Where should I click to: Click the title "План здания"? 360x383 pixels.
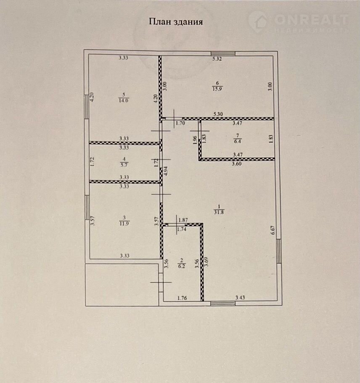(x=176, y=22)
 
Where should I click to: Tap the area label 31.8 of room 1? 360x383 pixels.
(x=219, y=212)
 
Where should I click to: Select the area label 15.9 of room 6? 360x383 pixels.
(x=217, y=89)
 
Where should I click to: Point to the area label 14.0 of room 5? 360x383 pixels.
(x=124, y=101)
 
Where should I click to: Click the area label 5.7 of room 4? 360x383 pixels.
(x=124, y=165)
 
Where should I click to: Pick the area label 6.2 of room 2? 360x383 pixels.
(x=182, y=266)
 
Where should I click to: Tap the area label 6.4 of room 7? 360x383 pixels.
(x=237, y=141)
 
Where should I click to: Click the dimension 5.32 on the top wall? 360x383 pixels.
(x=217, y=59)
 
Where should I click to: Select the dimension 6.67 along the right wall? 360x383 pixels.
(x=273, y=230)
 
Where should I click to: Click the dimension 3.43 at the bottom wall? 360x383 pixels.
(x=240, y=298)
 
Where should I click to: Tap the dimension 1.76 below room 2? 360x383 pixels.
(x=182, y=298)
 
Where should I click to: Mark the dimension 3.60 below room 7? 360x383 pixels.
(x=236, y=164)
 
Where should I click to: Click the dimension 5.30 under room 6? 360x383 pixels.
(x=218, y=114)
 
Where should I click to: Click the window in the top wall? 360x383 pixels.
(x=223, y=54)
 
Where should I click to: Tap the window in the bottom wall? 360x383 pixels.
(x=223, y=303)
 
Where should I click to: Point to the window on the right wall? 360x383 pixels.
(x=279, y=251)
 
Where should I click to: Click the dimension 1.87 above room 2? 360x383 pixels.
(x=183, y=220)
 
